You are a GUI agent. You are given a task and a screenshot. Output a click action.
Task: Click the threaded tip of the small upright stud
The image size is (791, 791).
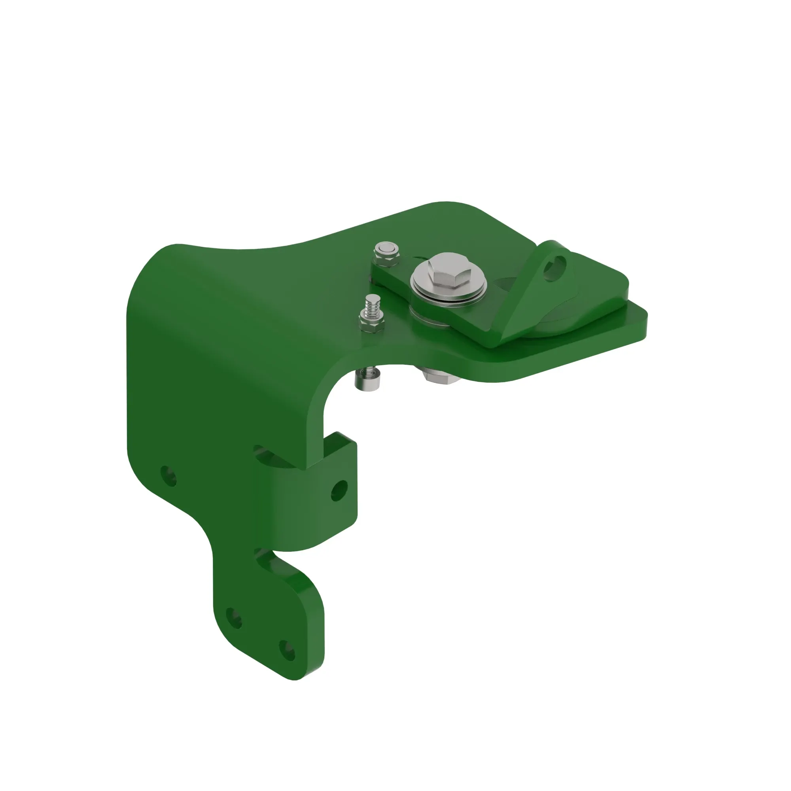(x=372, y=303)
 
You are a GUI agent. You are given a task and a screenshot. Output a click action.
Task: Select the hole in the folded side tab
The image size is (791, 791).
(x=339, y=490)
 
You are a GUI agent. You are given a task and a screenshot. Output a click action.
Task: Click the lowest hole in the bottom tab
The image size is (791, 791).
(x=288, y=650)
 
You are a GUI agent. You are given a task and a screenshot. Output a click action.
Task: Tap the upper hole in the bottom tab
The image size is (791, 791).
(x=234, y=618)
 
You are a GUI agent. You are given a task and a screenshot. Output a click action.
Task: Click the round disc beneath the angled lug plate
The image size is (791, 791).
(x=557, y=324)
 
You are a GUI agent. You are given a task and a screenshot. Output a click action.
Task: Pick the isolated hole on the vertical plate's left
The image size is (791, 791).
(x=168, y=476)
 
